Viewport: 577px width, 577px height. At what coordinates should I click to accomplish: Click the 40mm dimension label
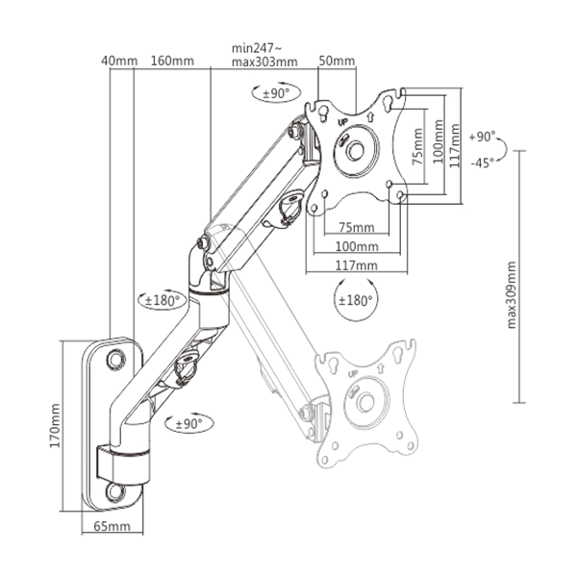(118, 62)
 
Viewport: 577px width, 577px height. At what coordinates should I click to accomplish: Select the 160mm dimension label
(172, 62)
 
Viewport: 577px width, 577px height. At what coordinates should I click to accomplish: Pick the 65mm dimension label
(113, 527)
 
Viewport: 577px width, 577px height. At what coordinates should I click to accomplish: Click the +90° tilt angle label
(483, 137)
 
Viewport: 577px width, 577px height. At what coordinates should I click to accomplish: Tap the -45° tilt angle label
(483, 162)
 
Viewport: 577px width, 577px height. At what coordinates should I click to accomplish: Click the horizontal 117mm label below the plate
(356, 264)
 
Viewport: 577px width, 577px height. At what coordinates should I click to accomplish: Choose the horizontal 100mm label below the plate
(356, 246)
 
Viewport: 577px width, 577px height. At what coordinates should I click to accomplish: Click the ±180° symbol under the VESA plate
(355, 299)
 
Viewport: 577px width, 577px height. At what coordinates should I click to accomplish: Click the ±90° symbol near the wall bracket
(188, 422)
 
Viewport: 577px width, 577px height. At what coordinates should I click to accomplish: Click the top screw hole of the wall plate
(116, 356)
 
